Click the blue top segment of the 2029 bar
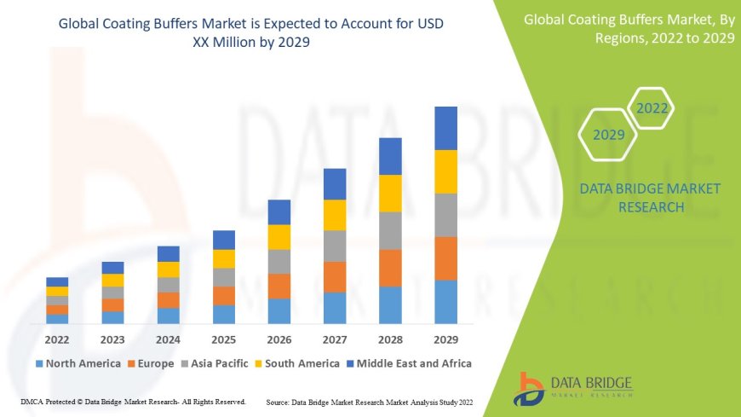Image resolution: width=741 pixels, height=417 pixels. (x=445, y=128)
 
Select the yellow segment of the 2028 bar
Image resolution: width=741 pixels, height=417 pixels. (x=390, y=193)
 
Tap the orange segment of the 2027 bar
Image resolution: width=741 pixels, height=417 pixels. (x=335, y=276)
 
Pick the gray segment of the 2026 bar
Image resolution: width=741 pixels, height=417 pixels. (x=279, y=261)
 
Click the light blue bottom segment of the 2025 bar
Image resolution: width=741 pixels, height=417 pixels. (x=224, y=314)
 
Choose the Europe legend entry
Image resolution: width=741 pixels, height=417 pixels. (x=151, y=363)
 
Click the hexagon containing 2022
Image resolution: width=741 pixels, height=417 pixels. (x=652, y=108)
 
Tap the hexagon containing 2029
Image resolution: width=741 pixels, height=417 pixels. (x=608, y=135)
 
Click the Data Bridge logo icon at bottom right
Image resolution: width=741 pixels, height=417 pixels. (x=529, y=387)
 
